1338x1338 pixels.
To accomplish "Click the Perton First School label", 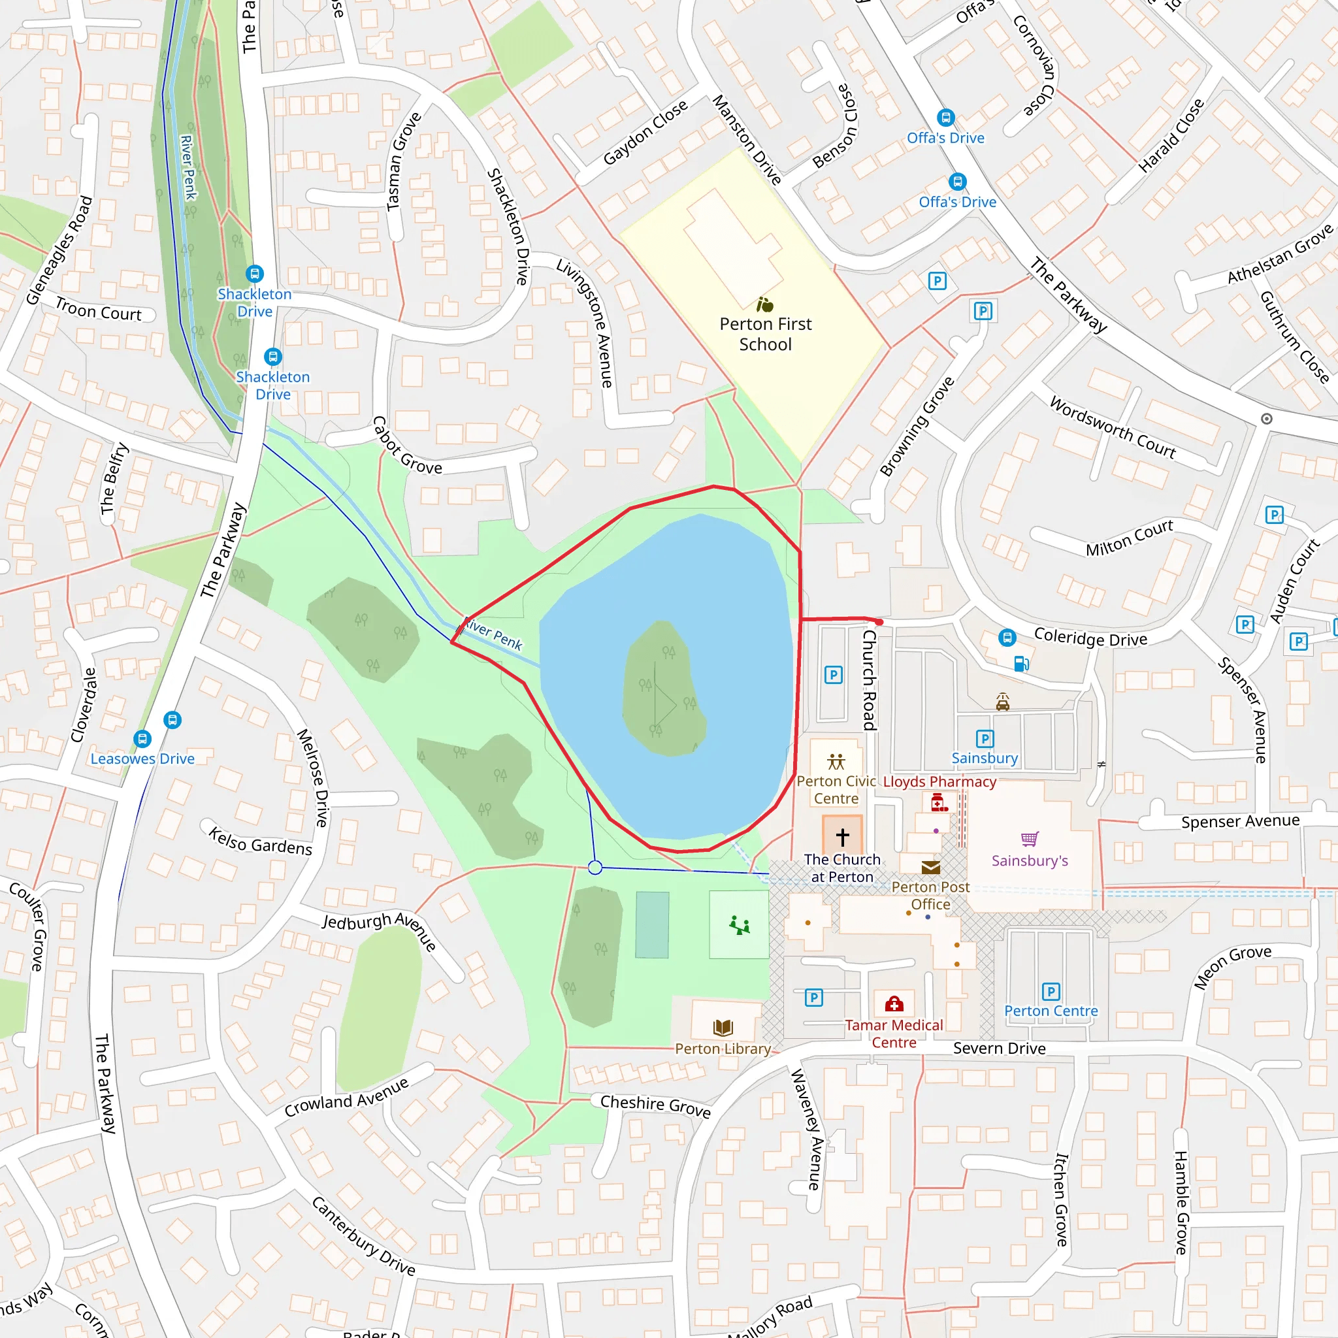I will (765, 334).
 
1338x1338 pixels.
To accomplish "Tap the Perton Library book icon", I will (723, 1027).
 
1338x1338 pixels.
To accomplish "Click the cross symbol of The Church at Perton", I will (842, 838).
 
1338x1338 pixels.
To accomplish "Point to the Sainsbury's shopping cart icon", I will (1030, 840).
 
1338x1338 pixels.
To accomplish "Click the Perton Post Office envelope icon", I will (931, 868).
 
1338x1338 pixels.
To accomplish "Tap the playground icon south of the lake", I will (739, 924).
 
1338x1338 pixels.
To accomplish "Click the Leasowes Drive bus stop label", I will (142, 759).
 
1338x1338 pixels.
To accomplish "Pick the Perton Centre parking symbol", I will (1051, 992).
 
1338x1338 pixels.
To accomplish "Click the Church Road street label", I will (870, 681).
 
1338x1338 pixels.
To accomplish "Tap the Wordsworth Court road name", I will (1112, 428).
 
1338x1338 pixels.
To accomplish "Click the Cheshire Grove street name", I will (655, 1105).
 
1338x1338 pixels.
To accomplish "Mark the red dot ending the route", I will (879, 623).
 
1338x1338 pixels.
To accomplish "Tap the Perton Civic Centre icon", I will (836, 762).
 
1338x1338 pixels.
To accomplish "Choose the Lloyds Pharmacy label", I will (939, 782).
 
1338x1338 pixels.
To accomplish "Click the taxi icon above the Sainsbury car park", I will (1002, 702).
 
